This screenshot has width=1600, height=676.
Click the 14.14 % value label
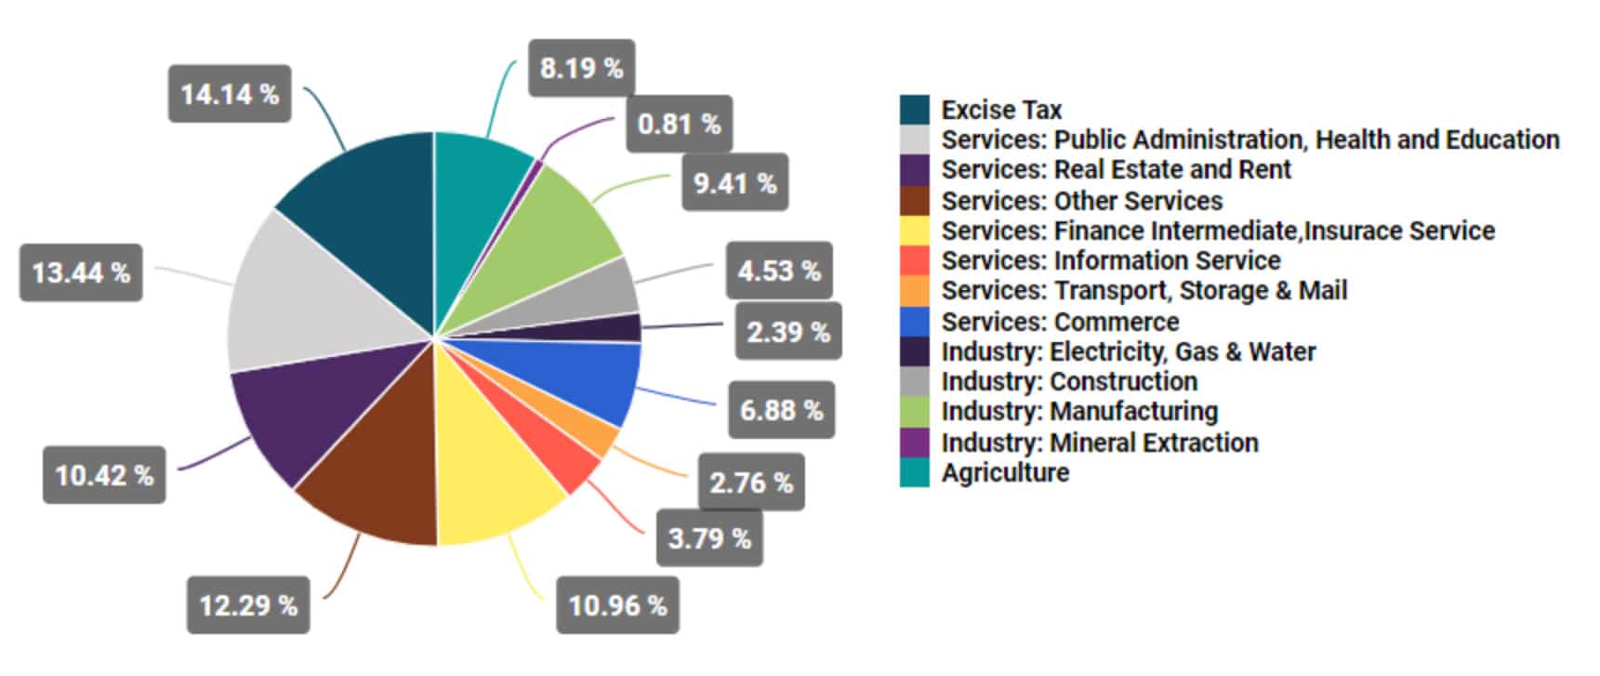pyautogui.click(x=229, y=94)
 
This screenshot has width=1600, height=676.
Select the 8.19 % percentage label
pyautogui.click(x=581, y=68)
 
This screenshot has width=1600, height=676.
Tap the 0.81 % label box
pyautogui.click(x=679, y=124)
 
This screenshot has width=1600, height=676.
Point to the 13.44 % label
pyautogui.click(x=81, y=272)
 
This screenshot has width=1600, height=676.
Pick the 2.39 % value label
pyautogui.click(x=787, y=331)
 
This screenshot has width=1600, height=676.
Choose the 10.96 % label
pyautogui.click(x=617, y=605)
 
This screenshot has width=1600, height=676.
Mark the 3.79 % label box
pyautogui.click(x=709, y=537)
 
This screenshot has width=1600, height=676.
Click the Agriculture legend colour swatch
pyautogui.click(x=914, y=472)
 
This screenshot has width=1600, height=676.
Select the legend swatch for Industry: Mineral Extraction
pyautogui.click(x=914, y=442)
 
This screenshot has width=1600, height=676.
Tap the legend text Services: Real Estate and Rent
pyautogui.click(x=1116, y=169)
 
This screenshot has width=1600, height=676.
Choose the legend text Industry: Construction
pyautogui.click(x=1069, y=381)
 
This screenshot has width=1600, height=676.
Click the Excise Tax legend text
pyautogui.click(x=1001, y=110)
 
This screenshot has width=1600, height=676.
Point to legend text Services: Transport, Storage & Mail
pyautogui.click(x=1144, y=290)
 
